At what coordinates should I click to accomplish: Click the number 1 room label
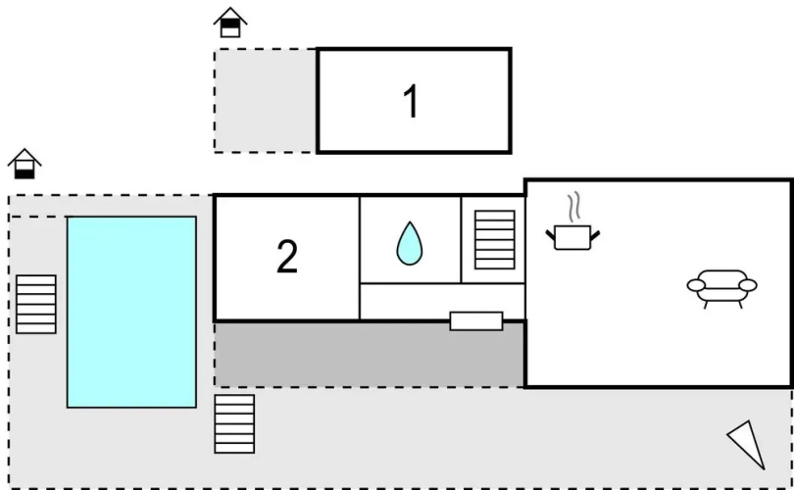pyautogui.click(x=411, y=101)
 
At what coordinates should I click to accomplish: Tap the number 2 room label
pyautogui.click(x=287, y=256)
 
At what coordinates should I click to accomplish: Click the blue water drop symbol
pyautogui.click(x=409, y=243)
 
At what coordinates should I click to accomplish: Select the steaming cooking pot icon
pyautogui.click(x=572, y=221)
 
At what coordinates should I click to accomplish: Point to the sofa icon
pyautogui.click(x=722, y=288)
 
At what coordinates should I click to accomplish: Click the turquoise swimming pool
pyautogui.click(x=131, y=312)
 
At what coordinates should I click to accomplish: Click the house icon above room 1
pyautogui.click(x=230, y=23)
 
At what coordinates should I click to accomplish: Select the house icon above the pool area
pyautogui.click(x=25, y=164)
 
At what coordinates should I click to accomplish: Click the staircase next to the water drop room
pyautogui.click(x=495, y=240)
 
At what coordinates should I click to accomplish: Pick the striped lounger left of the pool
pyautogui.click(x=36, y=304)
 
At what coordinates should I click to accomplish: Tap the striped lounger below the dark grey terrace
pyautogui.click(x=234, y=423)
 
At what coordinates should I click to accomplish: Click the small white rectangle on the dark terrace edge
pyautogui.click(x=476, y=320)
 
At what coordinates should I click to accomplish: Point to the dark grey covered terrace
pyautogui.click(x=370, y=355)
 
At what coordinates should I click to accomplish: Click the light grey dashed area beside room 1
pyautogui.click(x=266, y=100)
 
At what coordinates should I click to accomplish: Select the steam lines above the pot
pyautogui.click(x=573, y=207)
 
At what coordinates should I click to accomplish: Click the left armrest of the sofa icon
pyautogui.click(x=696, y=285)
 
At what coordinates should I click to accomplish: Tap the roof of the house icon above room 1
pyautogui.click(x=230, y=15)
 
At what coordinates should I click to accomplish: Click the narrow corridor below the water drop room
pyautogui.click(x=442, y=301)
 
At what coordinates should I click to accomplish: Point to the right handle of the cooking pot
pyautogui.click(x=595, y=236)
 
